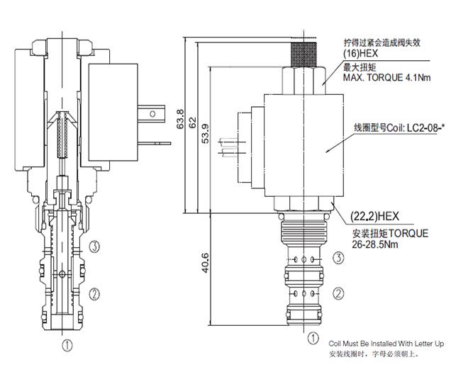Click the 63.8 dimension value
click(181, 119)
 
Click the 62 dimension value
click(193, 122)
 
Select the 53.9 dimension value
click(206, 133)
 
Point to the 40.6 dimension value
click(206, 263)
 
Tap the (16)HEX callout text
click(360, 53)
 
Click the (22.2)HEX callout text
click(375, 216)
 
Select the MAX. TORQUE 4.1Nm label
click(386, 77)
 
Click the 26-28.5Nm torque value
click(375, 244)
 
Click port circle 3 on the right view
click(338, 258)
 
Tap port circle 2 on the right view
click(338, 294)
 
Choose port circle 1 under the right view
click(313, 338)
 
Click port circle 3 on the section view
click(94, 246)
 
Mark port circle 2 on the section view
click(94, 294)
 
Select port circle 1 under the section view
click(67, 345)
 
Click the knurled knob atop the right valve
click(304, 54)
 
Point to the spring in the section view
click(62, 135)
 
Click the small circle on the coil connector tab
click(152, 114)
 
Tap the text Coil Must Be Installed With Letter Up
click(386, 344)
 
